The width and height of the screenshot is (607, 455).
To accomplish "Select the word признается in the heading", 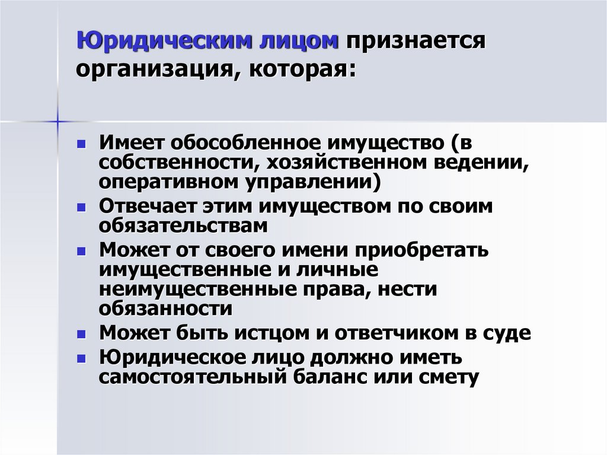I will [417, 43].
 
